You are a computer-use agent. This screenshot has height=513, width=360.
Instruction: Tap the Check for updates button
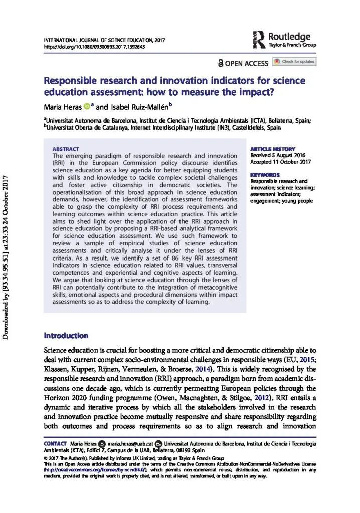pyautogui.click(x=294, y=62)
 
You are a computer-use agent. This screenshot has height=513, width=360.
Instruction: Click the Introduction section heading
pyautogui.click(x=67, y=335)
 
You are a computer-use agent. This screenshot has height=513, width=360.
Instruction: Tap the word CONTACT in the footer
pyautogui.click(x=55, y=444)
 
